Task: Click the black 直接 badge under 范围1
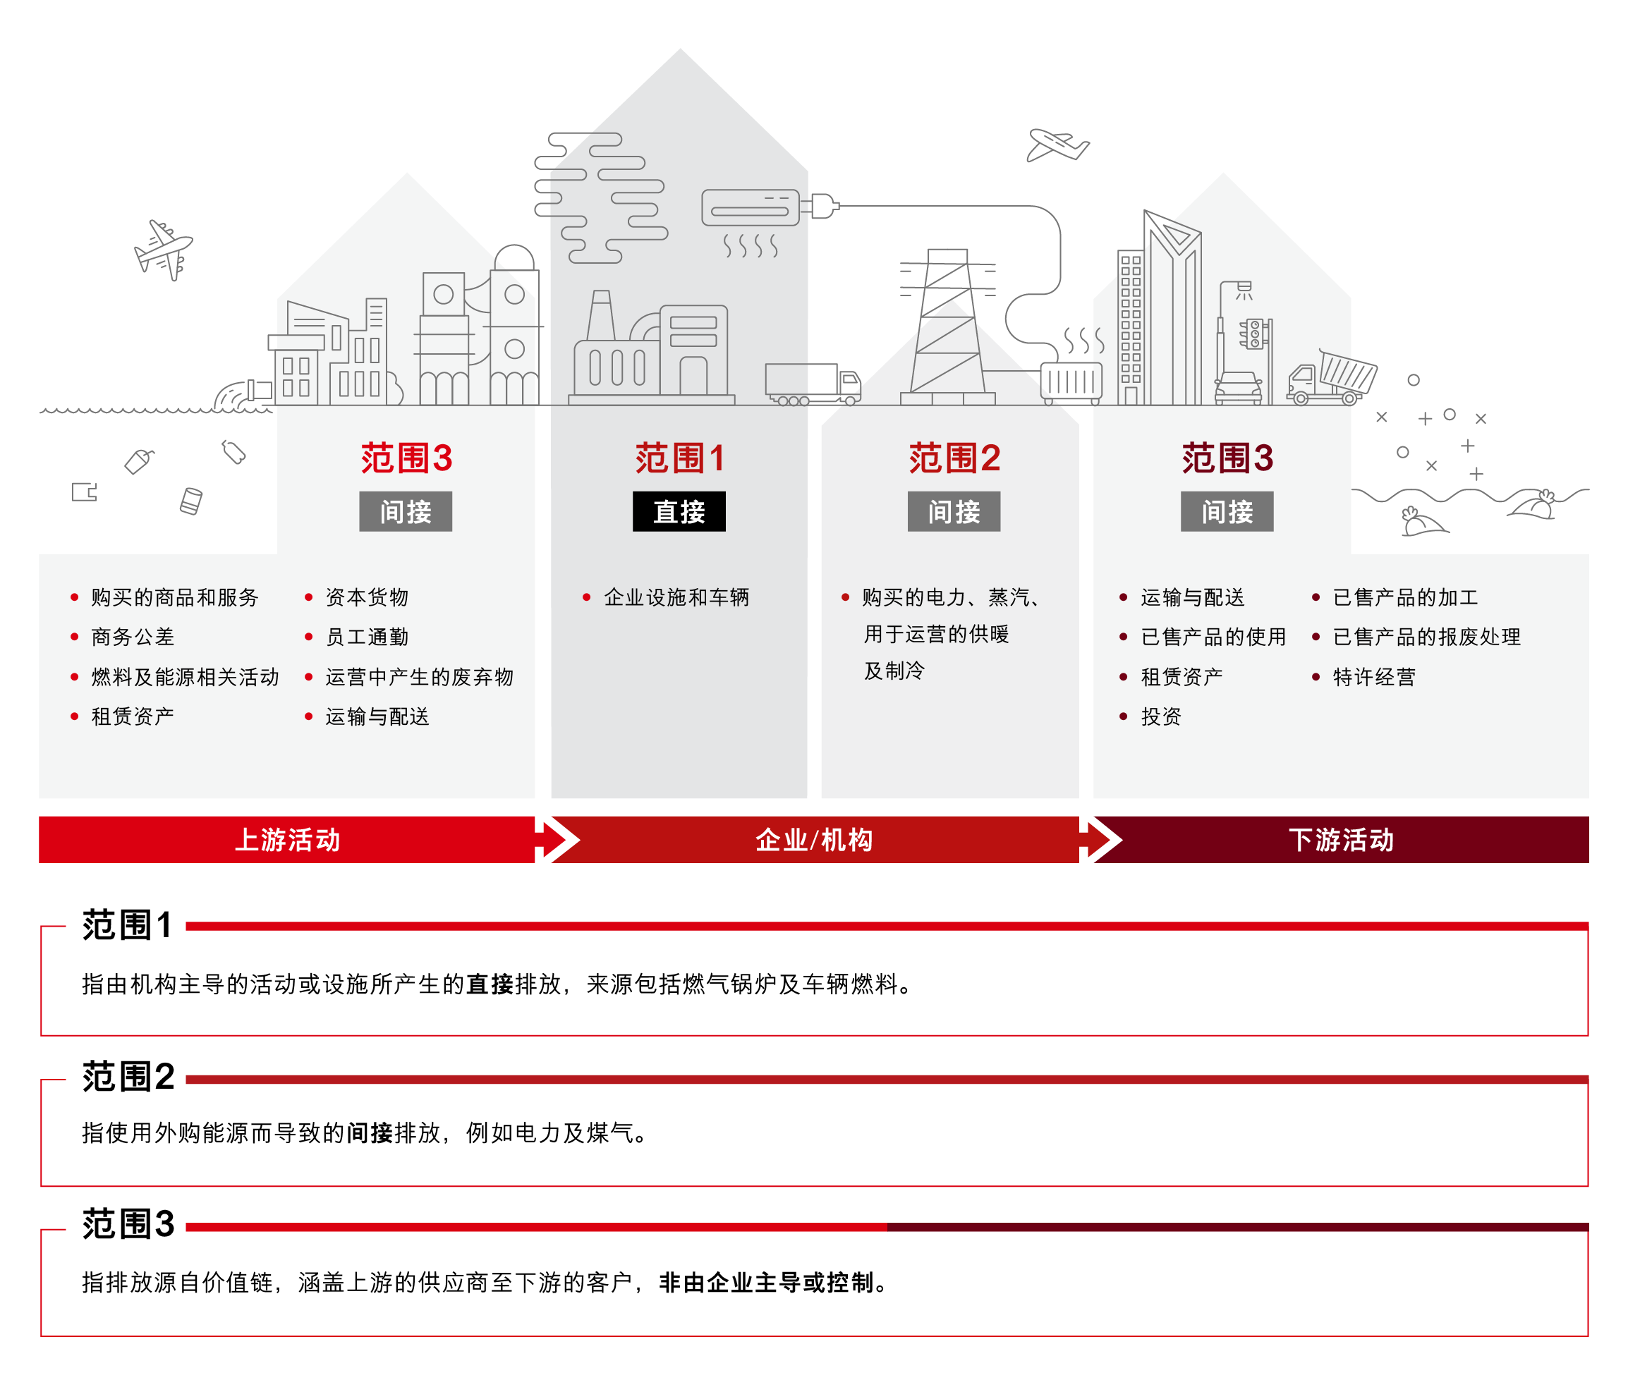[x=679, y=512]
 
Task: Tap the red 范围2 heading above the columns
[x=954, y=458]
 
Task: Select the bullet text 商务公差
[x=133, y=637]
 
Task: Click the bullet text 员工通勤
[x=367, y=637]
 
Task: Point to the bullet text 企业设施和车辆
[x=676, y=598]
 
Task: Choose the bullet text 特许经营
[x=1374, y=677]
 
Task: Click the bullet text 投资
[x=1162, y=716]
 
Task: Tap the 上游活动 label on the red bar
[x=287, y=839]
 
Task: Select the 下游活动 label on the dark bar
[x=1341, y=839]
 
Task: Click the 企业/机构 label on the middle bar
[x=814, y=839]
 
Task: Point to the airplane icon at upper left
[x=164, y=250]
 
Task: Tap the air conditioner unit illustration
[x=751, y=208]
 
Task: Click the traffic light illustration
[x=1256, y=334]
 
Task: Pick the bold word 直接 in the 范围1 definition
[x=490, y=984]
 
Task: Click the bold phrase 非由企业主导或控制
[x=766, y=1283]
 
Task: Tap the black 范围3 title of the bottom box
[x=128, y=1224]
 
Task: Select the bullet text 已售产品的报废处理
[x=1427, y=637]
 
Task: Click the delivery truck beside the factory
[x=813, y=384]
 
